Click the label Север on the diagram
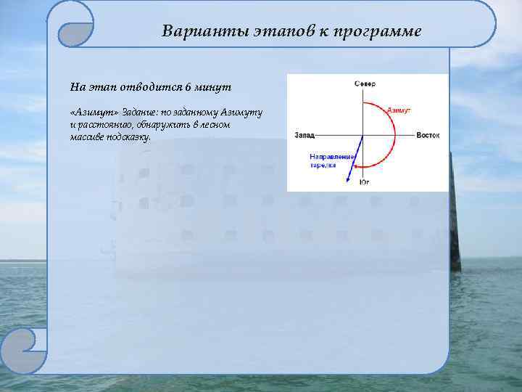click(x=365, y=84)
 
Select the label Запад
click(x=304, y=136)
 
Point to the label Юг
click(x=365, y=182)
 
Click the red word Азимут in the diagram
click(x=399, y=110)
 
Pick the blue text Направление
click(x=331, y=157)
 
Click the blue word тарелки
click(x=323, y=165)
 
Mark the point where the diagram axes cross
click(x=364, y=135)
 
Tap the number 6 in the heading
click(x=187, y=87)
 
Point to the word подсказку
click(x=128, y=136)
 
